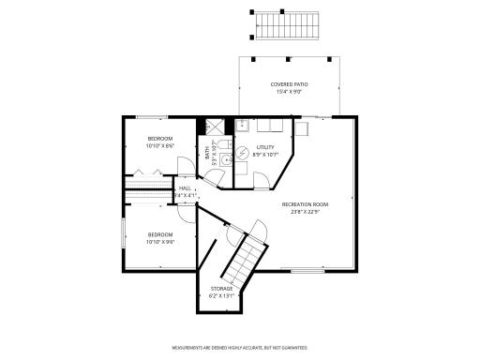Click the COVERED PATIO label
click(x=289, y=84)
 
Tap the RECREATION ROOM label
click(x=306, y=202)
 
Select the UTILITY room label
click(x=266, y=147)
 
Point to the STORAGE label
click(x=222, y=288)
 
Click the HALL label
click(x=186, y=188)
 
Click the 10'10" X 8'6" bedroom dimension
click(x=159, y=145)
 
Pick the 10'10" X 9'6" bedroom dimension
click(x=159, y=241)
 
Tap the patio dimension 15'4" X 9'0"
click(x=289, y=92)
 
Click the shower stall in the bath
click(x=217, y=126)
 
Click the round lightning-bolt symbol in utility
click(x=242, y=153)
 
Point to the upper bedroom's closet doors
click(x=142, y=172)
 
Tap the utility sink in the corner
click(x=241, y=124)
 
